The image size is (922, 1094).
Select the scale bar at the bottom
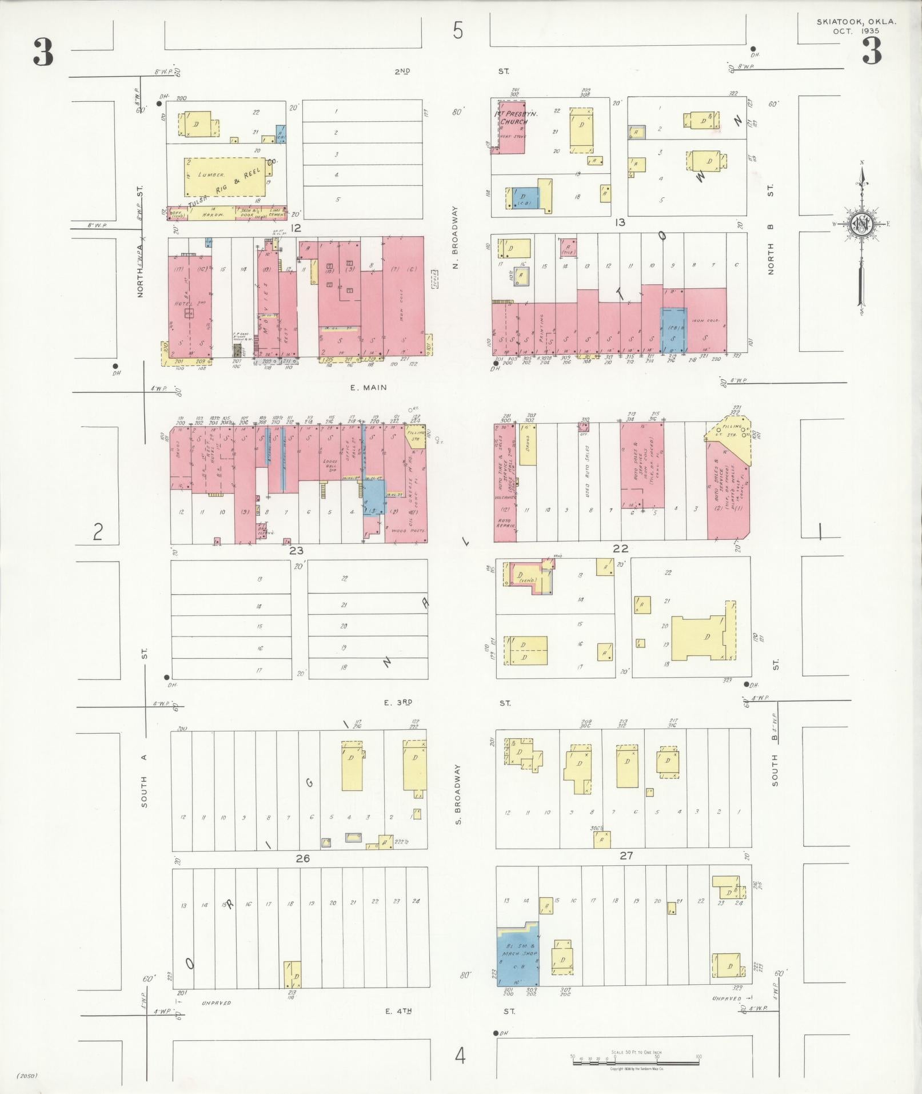636,1062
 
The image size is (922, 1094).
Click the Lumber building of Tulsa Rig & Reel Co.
225,178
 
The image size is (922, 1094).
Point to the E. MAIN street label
368,387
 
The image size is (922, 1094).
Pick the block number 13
620,222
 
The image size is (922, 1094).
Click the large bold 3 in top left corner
43,53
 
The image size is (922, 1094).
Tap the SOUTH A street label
144,781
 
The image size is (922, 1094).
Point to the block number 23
296,551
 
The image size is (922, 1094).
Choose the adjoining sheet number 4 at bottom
460,1056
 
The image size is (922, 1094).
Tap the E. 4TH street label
399,1011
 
